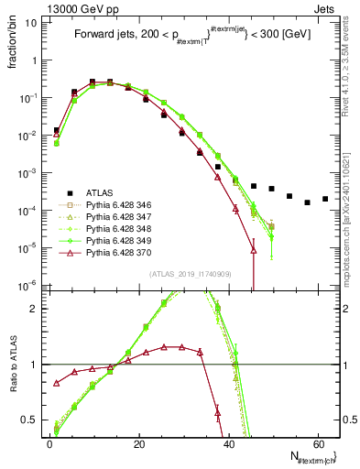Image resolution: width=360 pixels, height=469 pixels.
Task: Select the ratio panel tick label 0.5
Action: (x=31, y=420)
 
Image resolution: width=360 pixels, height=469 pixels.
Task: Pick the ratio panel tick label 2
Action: (x=35, y=308)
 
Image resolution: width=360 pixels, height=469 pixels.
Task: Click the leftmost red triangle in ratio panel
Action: (x=57, y=382)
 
